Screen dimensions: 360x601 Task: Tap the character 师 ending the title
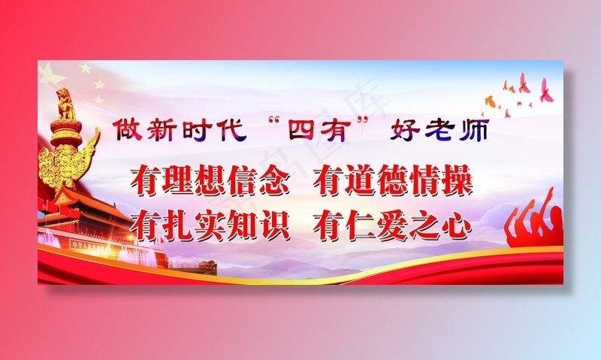click(475, 131)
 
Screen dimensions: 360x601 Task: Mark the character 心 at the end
click(456, 223)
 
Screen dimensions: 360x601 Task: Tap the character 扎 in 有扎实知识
click(178, 223)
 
